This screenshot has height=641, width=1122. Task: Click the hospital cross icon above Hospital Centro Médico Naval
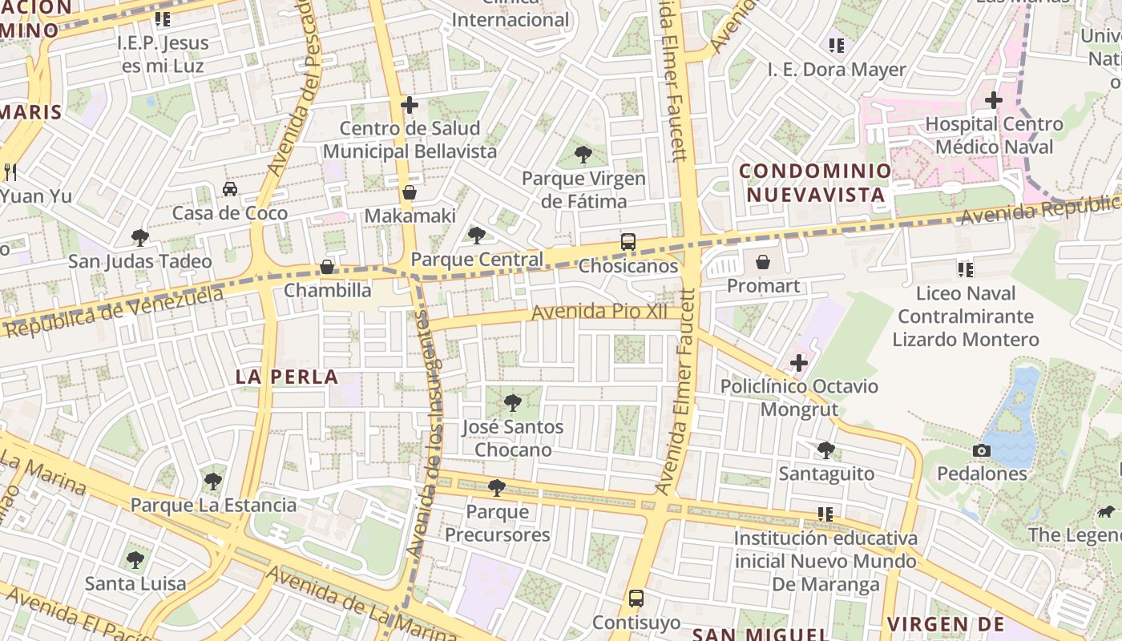pyautogui.click(x=994, y=101)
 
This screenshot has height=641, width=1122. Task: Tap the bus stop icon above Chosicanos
pyautogui.click(x=628, y=241)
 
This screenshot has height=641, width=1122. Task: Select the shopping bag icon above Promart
pyautogui.click(x=763, y=262)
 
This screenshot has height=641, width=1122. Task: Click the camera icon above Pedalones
pyautogui.click(x=982, y=451)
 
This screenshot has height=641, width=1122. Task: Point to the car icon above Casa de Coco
pyautogui.click(x=230, y=189)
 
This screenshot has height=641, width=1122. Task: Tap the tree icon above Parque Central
pyautogui.click(x=477, y=236)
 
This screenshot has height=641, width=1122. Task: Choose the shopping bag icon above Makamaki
pyautogui.click(x=410, y=192)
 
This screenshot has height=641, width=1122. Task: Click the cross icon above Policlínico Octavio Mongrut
pyautogui.click(x=798, y=363)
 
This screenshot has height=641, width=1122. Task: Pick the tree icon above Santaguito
pyautogui.click(x=826, y=450)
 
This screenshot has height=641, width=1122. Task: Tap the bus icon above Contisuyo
pyautogui.click(x=636, y=599)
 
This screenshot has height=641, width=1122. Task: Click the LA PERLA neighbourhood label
pyautogui.click(x=287, y=377)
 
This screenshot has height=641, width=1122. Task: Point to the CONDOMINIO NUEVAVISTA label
pyautogui.click(x=815, y=183)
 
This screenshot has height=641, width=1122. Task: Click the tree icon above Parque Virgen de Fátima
pyautogui.click(x=583, y=155)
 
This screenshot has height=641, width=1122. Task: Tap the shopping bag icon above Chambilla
pyautogui.click(x=327, y=267)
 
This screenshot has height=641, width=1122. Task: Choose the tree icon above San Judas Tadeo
pyautogui.click(x=140, y=238)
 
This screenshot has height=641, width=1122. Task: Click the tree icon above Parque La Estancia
pyautogui.click(x=213, y=482)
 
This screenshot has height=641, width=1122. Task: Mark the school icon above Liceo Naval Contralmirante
pyautogui.click(x=966, y=270)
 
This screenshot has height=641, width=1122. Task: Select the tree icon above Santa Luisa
pyautogui.click(x=135, y=559)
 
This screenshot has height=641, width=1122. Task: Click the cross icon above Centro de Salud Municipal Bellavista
pyautogui.click(x=410, y=105)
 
